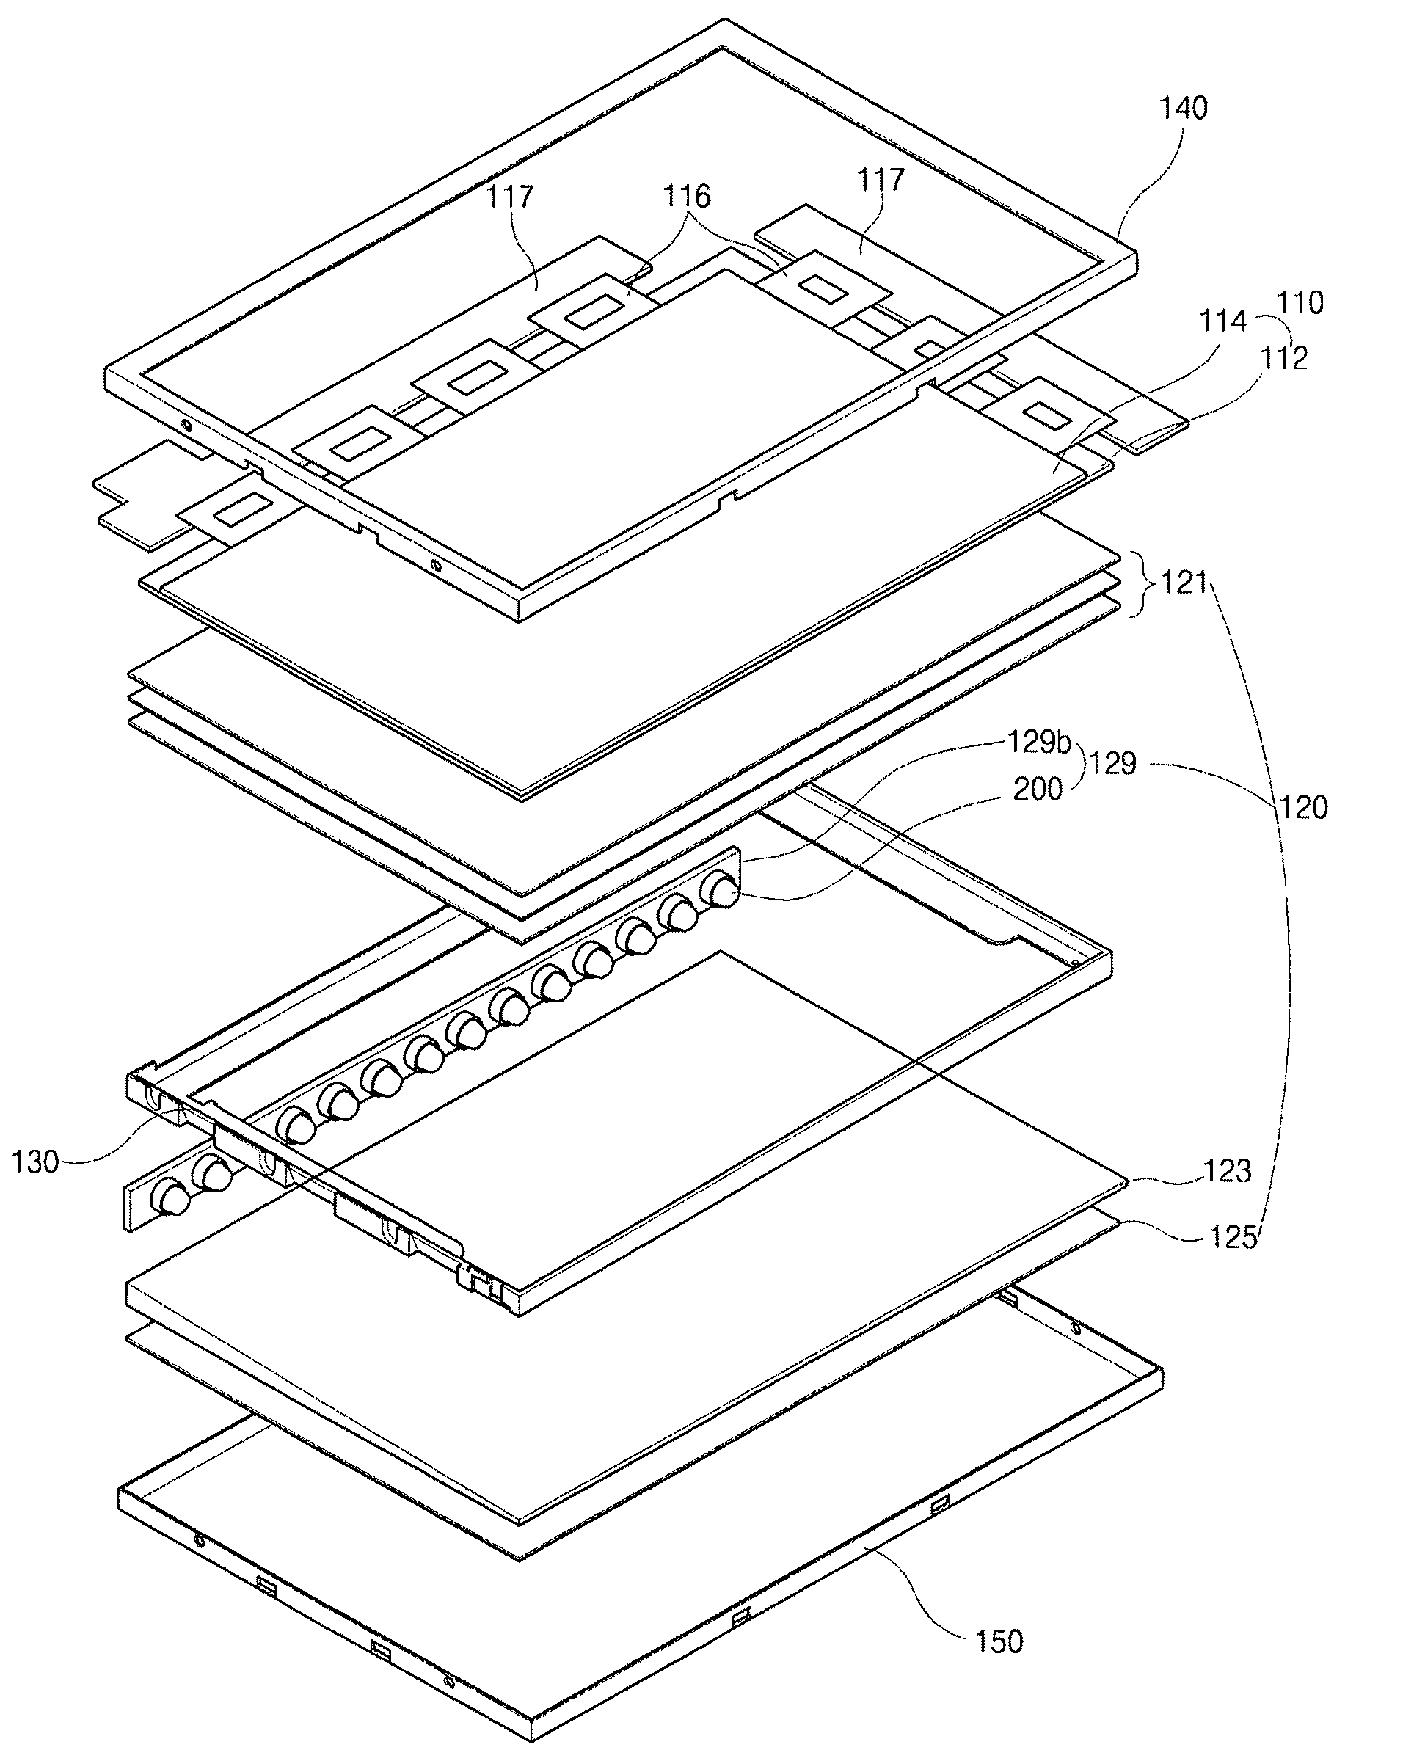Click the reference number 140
pyautogui.click(x=1183, y=108)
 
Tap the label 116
pyautogui.click(x=687, y=196)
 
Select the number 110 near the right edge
pyautogui.click(x=1300, y=303)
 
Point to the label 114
pyautogui.click(x=1223, y=321)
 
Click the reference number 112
pyautogui.click(x=1284, y=358)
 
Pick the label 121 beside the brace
pyautogui.click(x=1183, y=583)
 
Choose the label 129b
pyautogui.click(x=1040, y=742)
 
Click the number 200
pyautogui.click(x=1038, y=789)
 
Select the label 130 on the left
pyautogui.click(x=35, y=1162)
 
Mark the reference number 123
pyautogui.click(x=1226, y=1171)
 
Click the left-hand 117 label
pyautogui.click(x=510, y=197)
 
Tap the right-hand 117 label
pyautogui.click(x=881, y=180)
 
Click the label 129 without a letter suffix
pyautogui.click(x=1112, y=764)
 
